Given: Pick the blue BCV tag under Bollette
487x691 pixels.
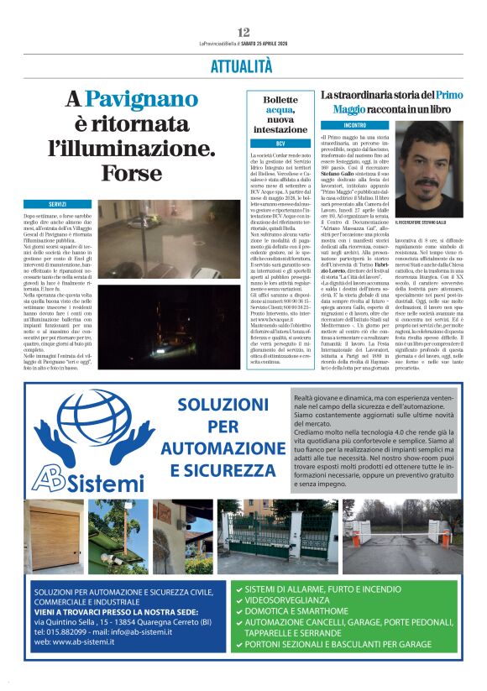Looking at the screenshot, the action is (281, 144).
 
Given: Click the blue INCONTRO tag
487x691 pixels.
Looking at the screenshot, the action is (343, 125).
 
